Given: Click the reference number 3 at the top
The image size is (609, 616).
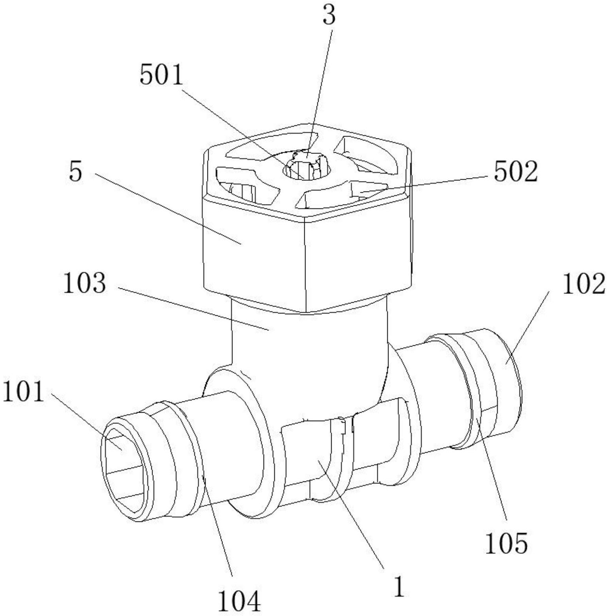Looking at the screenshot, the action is (x=329, y=15).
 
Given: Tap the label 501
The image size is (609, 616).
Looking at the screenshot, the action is (x=162, y=75).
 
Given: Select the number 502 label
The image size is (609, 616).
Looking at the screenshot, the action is (x=516, y=171).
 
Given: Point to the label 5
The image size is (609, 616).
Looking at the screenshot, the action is (x=76, y=172).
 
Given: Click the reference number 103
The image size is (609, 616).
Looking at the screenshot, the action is (x=85, y=283).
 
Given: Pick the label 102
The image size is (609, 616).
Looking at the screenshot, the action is (x=583, y=284).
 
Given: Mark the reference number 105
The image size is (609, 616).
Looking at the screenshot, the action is (x=506, y=543).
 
